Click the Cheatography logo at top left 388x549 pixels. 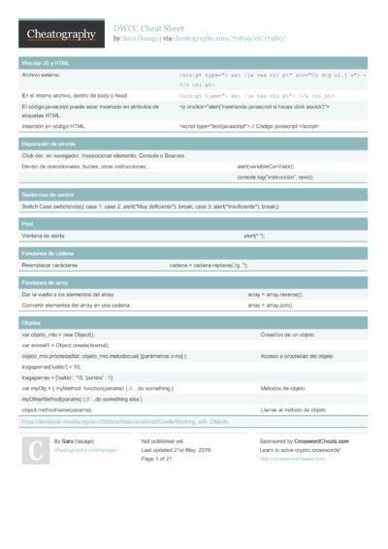coord(59,34)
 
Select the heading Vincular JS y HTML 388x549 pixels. coord(45,62)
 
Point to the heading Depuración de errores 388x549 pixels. coord(49,143)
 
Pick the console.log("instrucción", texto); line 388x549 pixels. coord(275,178)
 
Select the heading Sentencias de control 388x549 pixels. coord(48,194)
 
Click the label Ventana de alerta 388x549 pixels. coord(45,235)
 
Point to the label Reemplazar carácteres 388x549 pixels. coord(49,264)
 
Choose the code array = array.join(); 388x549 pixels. coord(271,305)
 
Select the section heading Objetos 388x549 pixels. coord(31,322)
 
